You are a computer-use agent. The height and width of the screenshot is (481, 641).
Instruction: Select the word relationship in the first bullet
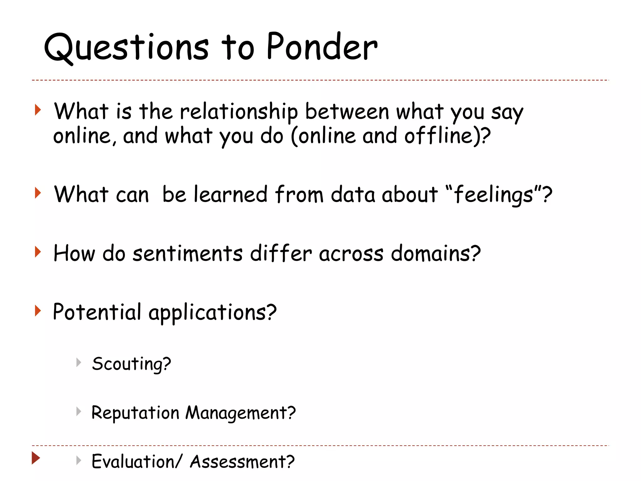point(239,112)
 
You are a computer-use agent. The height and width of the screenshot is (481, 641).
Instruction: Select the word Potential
point(97,312)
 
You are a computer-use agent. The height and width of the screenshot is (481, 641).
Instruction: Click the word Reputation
point(135,413)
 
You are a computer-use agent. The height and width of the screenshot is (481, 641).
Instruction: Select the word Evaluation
point(133,462)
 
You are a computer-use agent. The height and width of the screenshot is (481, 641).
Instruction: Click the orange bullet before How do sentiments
point(38,252)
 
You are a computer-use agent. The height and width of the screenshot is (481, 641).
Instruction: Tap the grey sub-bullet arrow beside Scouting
point(79,363)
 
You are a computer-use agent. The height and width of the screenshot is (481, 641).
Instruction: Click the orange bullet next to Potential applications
point(38,311)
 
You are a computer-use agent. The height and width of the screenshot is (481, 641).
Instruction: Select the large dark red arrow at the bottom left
point(36,458)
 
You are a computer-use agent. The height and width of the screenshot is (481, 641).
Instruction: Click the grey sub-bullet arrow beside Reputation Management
point(79,411)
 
